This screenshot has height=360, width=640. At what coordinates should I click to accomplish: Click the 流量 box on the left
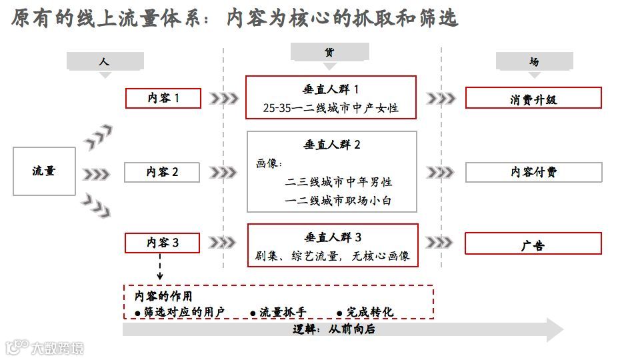(44, 171)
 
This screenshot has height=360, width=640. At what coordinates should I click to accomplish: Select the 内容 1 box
(163, 98)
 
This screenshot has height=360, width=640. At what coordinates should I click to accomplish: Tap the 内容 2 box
(163, 172)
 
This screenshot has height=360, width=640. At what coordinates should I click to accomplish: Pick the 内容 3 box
(163, 243)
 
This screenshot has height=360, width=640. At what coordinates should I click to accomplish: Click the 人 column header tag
(105, 61)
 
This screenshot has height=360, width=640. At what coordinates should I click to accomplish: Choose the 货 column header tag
(329, 53)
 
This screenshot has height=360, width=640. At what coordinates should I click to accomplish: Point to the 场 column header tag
(534, 61)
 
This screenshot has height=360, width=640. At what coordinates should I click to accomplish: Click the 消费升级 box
(533, 99)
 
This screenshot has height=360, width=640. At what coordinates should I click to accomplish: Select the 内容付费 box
(533, 172)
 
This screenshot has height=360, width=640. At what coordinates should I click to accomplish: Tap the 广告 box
(533, 244)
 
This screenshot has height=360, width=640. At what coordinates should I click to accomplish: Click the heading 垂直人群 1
(331, 89)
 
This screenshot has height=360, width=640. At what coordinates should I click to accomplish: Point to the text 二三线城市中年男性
(338, 182)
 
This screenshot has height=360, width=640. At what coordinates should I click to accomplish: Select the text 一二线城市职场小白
(338, 200)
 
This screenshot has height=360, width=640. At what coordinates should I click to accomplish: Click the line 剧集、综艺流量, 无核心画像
(332, 255)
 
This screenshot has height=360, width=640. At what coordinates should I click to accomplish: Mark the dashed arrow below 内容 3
(160, 267)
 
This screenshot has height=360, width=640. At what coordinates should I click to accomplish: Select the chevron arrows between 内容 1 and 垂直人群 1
(223, 99)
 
